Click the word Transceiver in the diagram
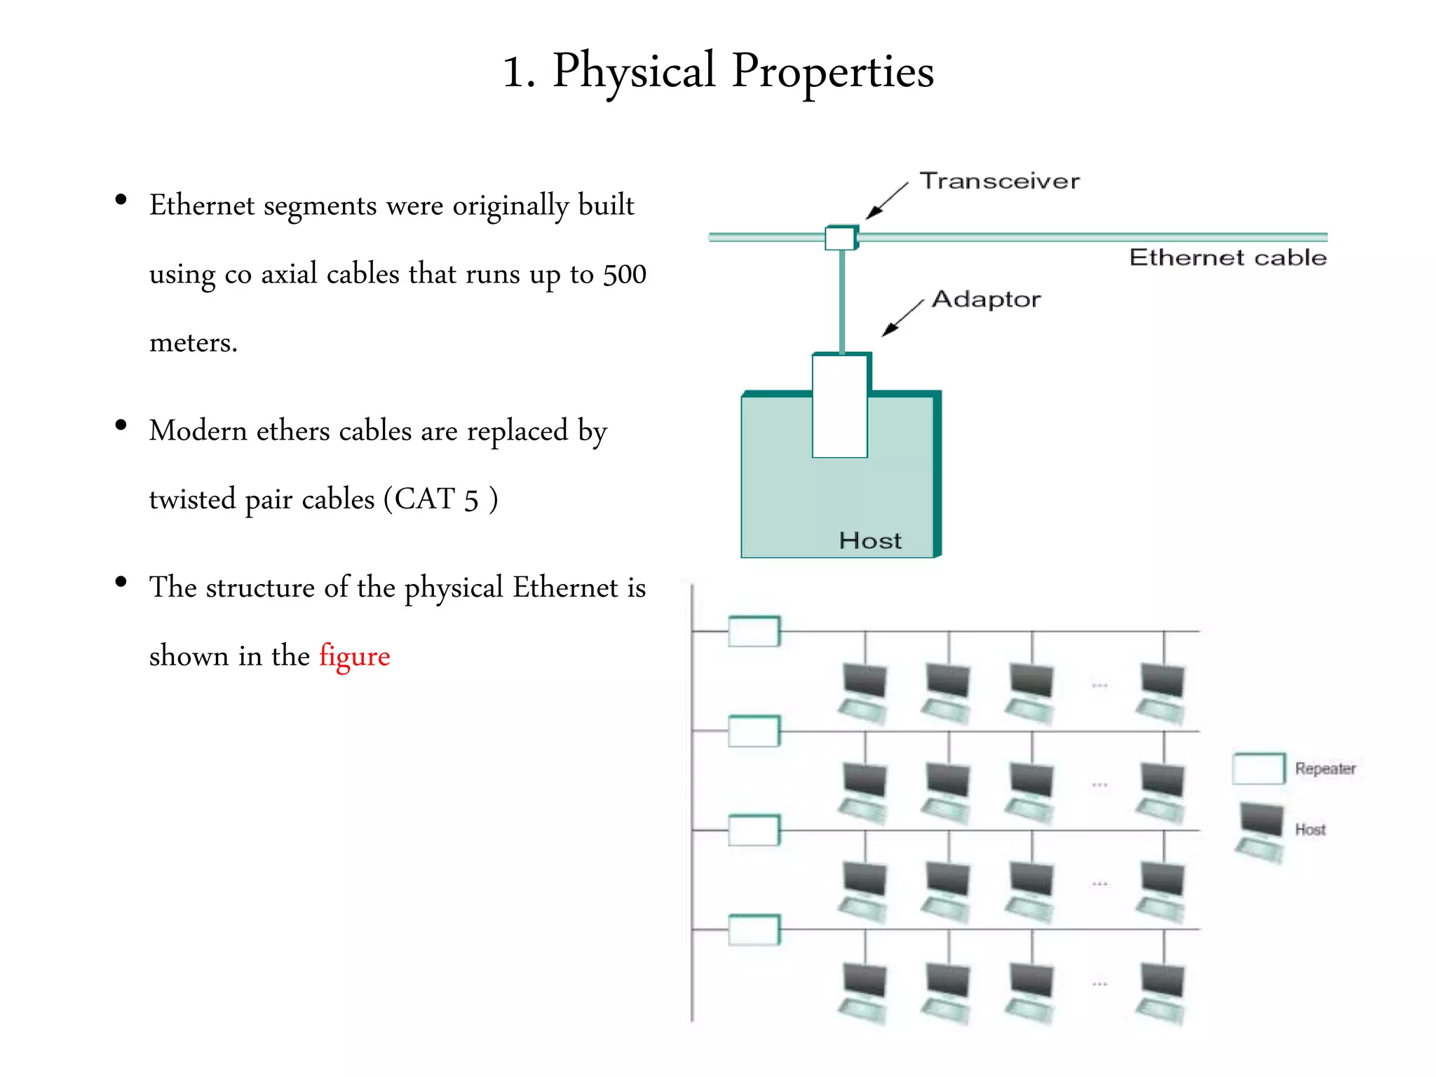(999, 181)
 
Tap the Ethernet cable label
(1227, 257)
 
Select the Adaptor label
(986, 299)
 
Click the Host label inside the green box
(870, 541)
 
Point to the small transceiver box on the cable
(840, 238)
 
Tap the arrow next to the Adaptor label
(902, 318)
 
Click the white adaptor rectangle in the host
(840, 407)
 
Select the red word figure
(354, 656)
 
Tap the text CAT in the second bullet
(425, 499)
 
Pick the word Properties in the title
(832, 72)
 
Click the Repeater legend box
(1259, 768)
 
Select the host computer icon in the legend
(1261, 831)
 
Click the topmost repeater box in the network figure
(754, 631)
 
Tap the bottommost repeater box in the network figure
(754, 930)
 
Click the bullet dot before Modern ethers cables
(121, 425)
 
